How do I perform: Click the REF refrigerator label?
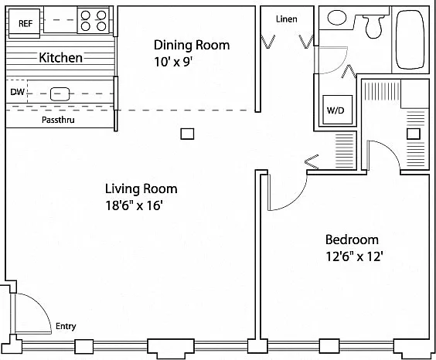26,23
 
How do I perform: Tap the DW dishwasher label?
17,92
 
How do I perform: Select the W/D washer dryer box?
337,110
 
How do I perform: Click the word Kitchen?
60,57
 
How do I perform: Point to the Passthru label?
58,120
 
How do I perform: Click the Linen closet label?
286,19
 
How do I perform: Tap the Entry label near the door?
66,326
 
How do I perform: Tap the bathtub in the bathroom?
410,39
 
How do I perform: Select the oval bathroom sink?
337,18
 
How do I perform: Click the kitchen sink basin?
60,94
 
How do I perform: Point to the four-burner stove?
94,21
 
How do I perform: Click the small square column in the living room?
187,134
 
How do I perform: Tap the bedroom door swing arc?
295,198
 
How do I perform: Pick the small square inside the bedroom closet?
414,134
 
